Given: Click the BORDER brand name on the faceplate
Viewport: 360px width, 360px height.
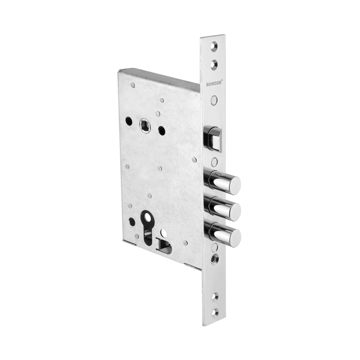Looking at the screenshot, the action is click(x=214, y=84).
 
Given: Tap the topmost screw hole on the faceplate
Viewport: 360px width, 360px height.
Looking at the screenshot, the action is click(x=214, y=46).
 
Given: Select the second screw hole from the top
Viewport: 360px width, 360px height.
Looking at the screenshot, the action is click(x=214, y=65).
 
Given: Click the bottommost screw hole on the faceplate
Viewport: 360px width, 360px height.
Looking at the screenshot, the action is click(x=215, y=313).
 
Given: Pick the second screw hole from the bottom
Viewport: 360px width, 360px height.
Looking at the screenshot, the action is click(x=215, y=297).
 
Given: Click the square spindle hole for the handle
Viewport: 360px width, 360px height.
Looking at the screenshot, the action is click(x=145, y=125).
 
